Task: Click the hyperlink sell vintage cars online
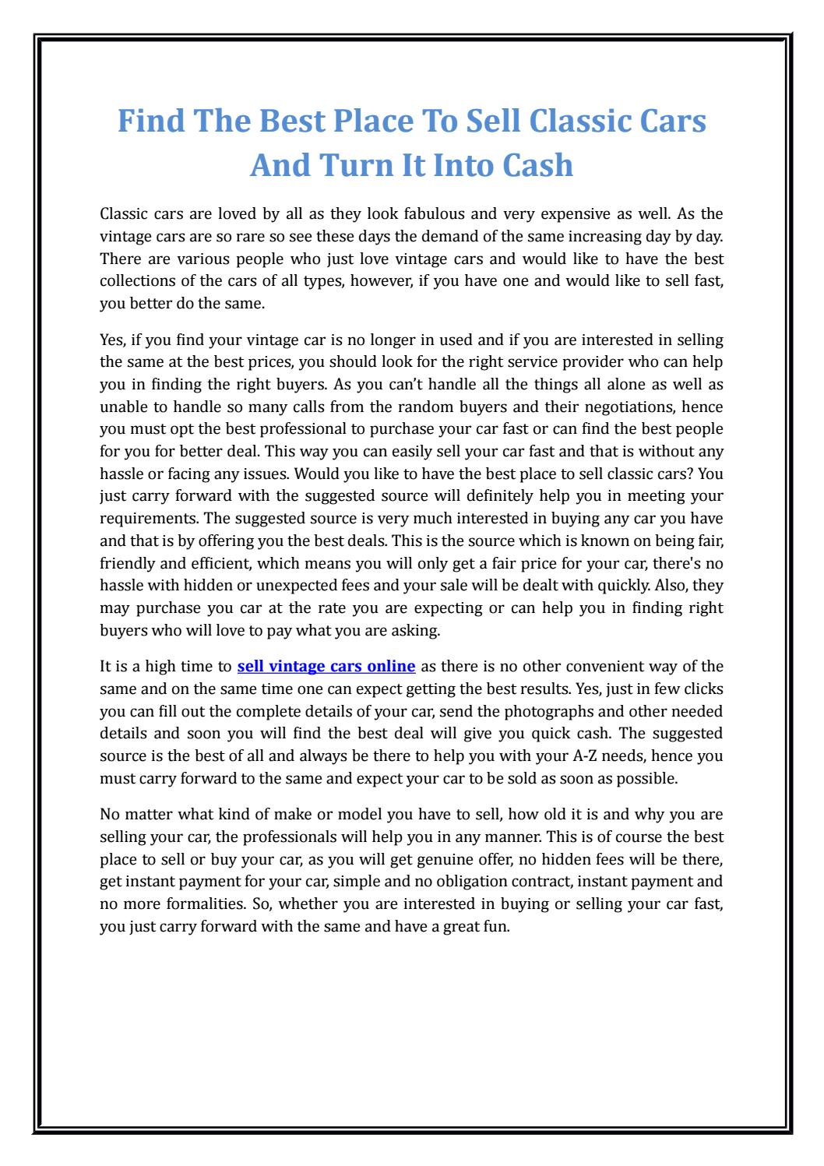coord(326,666)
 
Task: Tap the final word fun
coord(496,928)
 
